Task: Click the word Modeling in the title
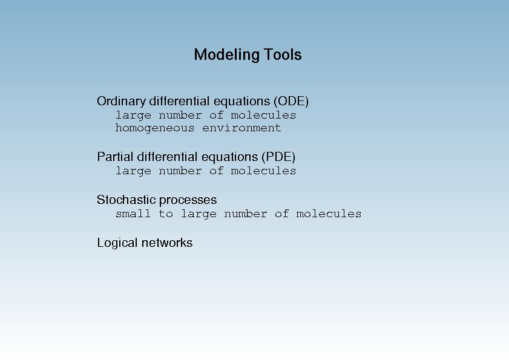[226, 55]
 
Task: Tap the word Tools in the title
[283, 54]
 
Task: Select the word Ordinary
[122, 102]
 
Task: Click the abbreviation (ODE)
[291, 101]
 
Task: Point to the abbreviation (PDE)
[278, 157]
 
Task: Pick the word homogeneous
[155, 128]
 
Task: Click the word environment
[241, 128]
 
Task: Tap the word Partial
[115, 157]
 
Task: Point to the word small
[133, 214]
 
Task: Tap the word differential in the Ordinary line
[180, 101]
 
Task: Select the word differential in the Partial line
[168, 157]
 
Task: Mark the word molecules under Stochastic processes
[329, 214]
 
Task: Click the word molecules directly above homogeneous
[263, 115]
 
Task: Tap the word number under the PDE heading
[180, 171]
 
